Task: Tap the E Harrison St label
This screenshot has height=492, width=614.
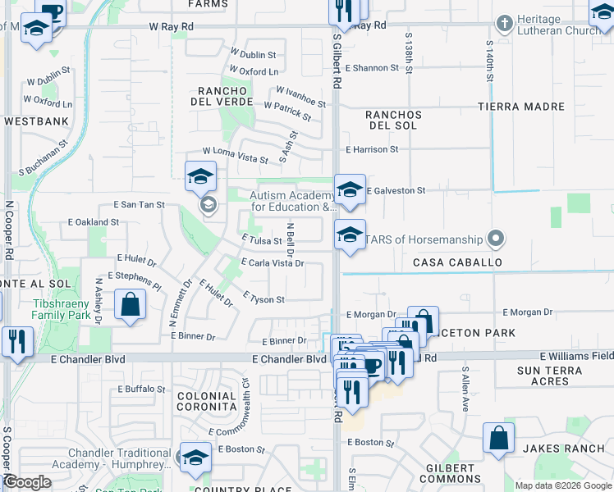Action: (x=372, y=149)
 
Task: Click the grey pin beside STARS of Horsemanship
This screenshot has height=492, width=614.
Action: (x=495, y=239)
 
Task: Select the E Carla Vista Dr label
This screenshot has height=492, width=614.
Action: (x=273, y=263)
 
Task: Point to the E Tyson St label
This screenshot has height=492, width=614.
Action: (x=264, y=299)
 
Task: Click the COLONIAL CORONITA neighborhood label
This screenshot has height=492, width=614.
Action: (x=207, y=401)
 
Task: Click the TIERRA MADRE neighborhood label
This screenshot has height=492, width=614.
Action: (x=523, y=107)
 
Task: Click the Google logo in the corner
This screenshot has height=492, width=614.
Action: (x=27, y=483)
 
